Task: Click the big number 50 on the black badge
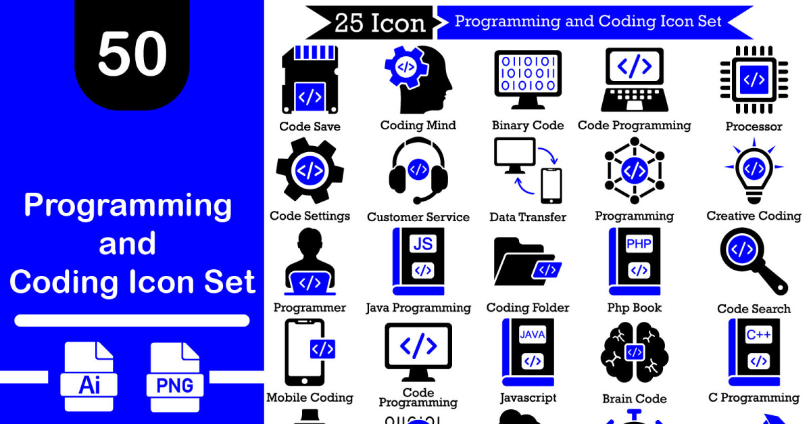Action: pos(132,53)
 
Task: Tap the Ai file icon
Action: pos(89,377)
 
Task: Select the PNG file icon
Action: pos(175,377)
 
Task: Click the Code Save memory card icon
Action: pos(310,79)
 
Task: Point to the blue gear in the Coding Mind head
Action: pos(406,68)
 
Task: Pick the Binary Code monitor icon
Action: pos(528,80)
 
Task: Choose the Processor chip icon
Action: pos(754,79)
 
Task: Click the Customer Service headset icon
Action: pos(418,170)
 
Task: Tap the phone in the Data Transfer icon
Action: pos(551,186)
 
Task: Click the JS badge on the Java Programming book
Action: pos(423,244)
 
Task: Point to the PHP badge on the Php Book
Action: pos(639,244)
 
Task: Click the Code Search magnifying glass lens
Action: pos(742,250)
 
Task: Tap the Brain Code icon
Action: pos(635,352)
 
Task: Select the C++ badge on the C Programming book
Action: pos(758,335)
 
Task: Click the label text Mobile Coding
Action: pos(310,398)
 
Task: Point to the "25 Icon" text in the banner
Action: pos(380,23)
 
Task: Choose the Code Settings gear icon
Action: pos(310,170)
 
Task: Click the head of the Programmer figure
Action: pos(310,241)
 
